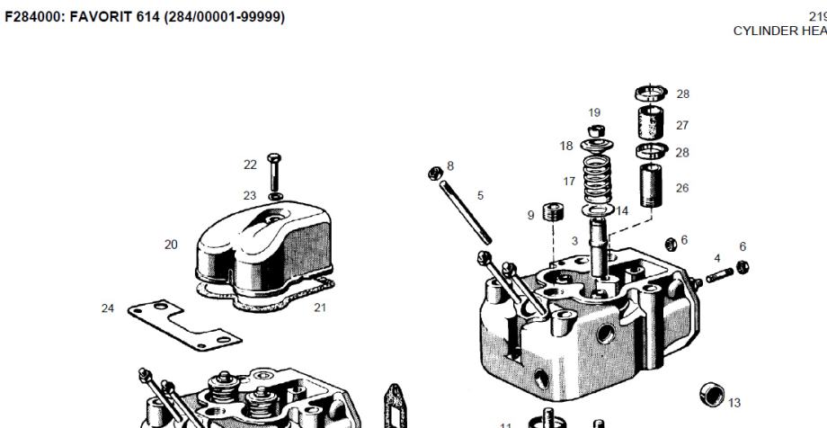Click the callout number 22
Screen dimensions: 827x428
[x=250, y=165]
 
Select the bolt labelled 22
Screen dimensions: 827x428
[x=274, y=172]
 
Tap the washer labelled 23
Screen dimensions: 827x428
[x=275, y=196]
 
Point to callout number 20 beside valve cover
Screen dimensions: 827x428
[x=171, y=245]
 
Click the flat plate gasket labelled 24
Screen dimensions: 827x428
[x=184, y=325]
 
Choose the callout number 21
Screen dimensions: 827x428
[x=320, y=308]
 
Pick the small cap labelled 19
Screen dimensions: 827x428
[x=596, y=130]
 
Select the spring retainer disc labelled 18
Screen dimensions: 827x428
[x=596, y=145]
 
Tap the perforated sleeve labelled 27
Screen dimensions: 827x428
[x=651, y=122]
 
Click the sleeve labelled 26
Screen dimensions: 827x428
[x=651, y=186]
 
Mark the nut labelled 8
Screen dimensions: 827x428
[x=435, y=174]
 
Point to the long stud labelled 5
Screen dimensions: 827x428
[x=466, y=212]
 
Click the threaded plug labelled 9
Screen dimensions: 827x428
[x=553, y=211]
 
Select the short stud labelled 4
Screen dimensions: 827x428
[x=719, y=275]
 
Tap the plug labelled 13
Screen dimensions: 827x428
[x=712, y=395]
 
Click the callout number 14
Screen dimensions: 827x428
[x=622, y=211]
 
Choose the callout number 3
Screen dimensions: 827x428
[x=575, y=241]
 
